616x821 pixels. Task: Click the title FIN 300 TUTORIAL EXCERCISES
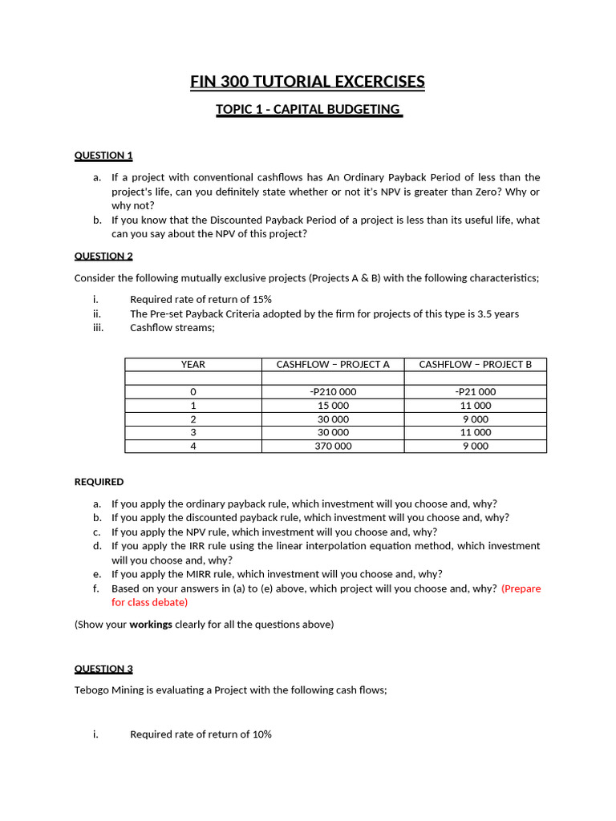(307, 82)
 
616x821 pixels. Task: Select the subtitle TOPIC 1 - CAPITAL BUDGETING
(309, 109)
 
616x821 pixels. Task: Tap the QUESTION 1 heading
(103, 156)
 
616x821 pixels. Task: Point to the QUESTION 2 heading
(103, 257)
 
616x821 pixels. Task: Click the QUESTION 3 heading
(103, 669)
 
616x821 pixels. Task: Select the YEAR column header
(193, 365)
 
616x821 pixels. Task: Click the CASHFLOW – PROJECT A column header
(333, 365)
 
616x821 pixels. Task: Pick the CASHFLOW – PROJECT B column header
(475, 365)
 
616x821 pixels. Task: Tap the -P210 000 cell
(333, 392)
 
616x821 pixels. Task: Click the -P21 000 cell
(475, 392)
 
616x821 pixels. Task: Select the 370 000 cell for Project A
(333, 447)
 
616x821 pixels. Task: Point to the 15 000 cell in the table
(333, 406)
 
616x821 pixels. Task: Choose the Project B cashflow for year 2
(475, 419)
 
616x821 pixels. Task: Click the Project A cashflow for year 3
(333, 433)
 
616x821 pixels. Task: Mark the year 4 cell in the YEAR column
(193, 447)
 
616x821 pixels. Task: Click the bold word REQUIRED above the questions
(99, 483)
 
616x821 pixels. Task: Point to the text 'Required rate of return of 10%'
(201, 734)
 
